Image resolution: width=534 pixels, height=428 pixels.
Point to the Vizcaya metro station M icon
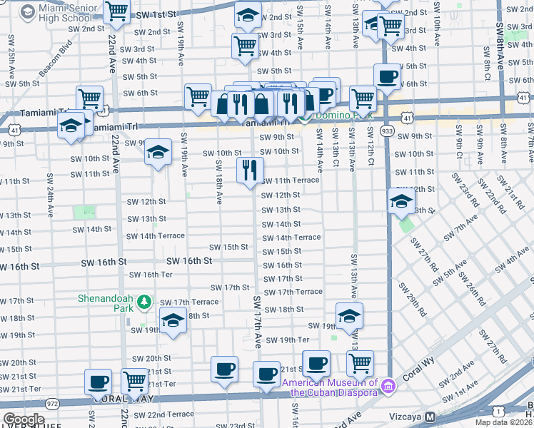430,417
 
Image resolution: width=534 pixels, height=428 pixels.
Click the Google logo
24,419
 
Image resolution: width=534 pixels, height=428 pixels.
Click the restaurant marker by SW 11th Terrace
250,170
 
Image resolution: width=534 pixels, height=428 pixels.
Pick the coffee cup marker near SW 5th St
387,76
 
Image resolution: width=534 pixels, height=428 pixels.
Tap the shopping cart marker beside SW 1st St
116,11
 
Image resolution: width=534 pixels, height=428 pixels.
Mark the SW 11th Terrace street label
291,180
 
